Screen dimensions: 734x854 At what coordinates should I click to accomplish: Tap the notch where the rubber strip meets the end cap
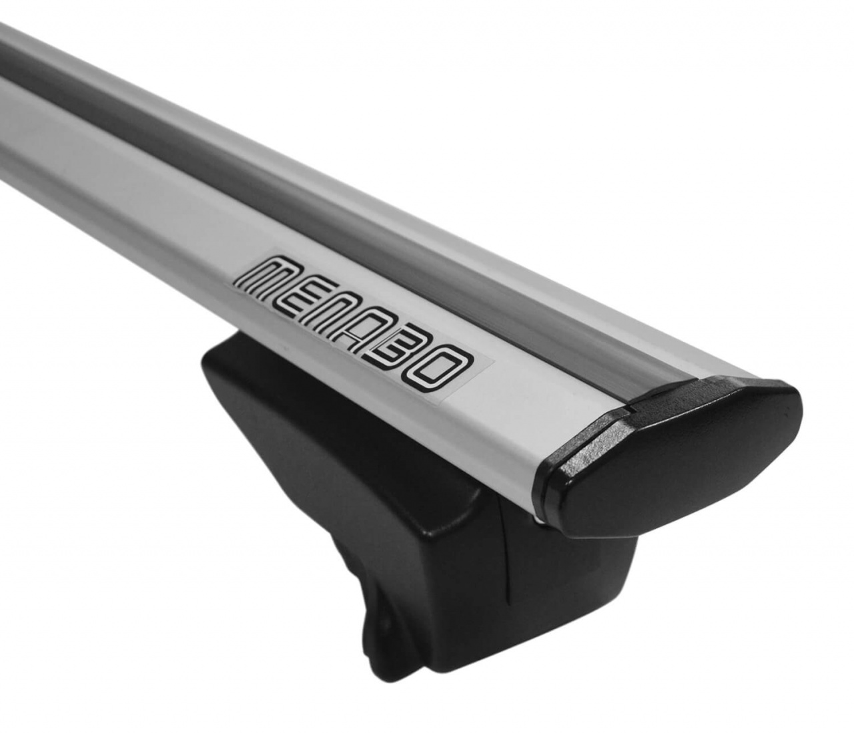pyautogui.click(x=630, y=401)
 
